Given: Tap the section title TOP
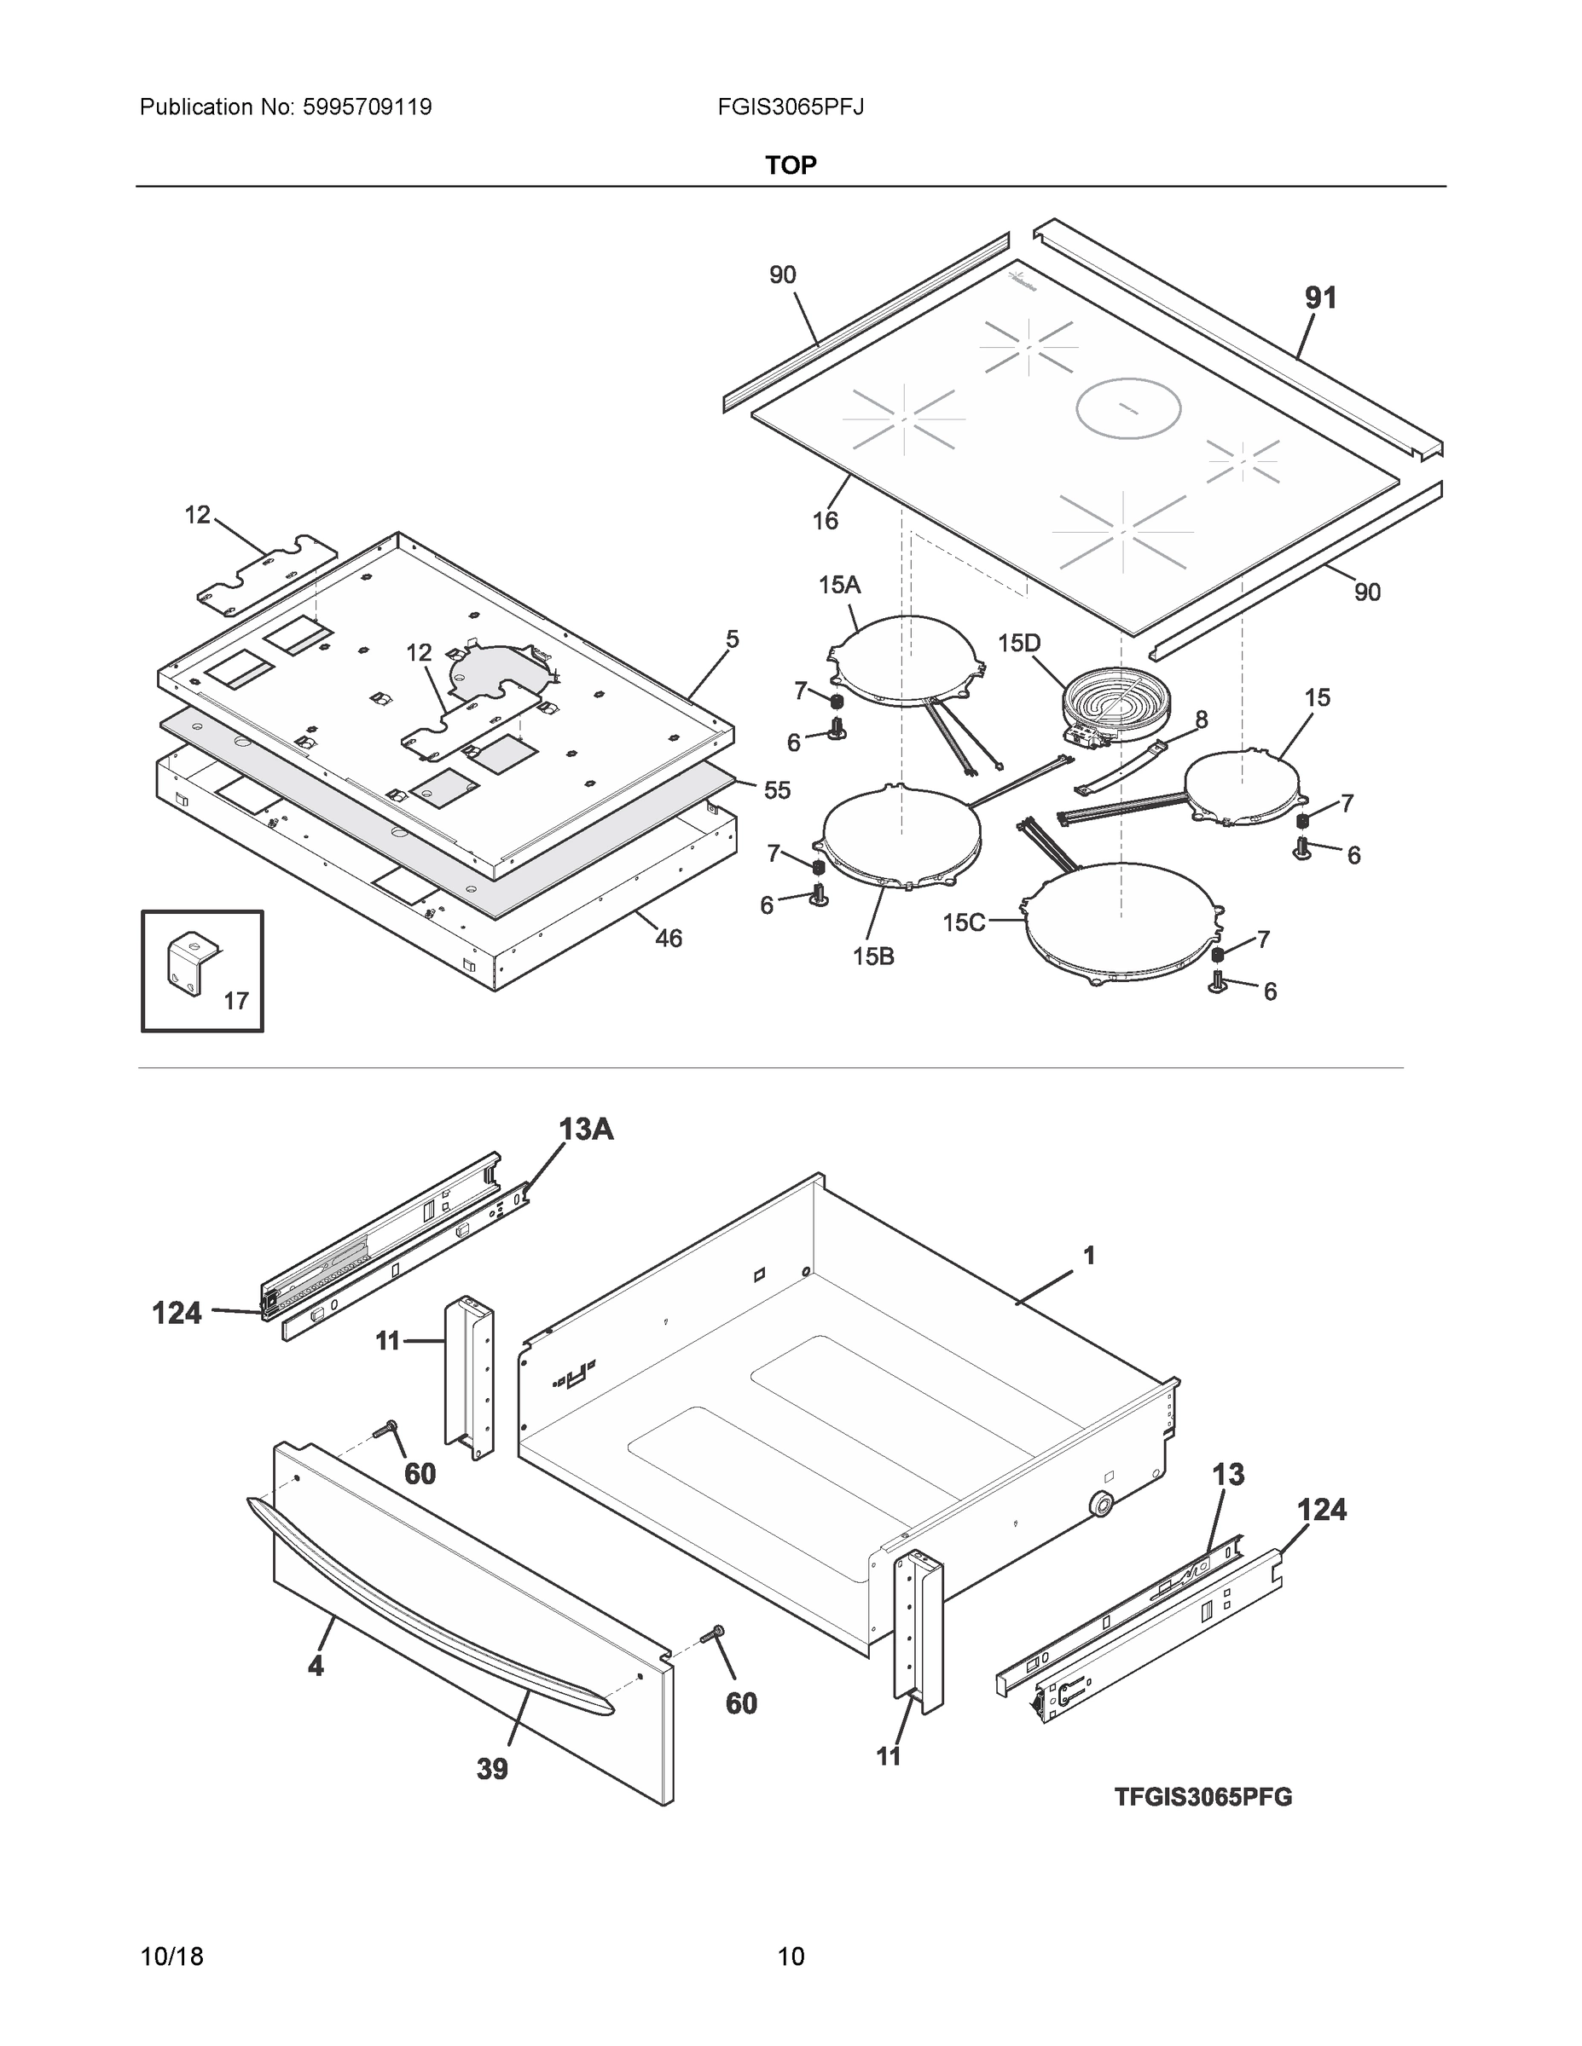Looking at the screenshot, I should pos(790,166).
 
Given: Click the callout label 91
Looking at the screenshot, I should pos(1320,298).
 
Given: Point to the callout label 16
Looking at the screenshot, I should pos(825,521).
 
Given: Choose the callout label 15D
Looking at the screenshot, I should pos(1019,644).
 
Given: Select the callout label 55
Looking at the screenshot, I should pos(777,790).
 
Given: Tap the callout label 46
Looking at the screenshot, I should pos(669,938).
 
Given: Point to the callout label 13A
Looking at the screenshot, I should pos(587,1130).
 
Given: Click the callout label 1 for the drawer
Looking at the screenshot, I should pos(1089,1257).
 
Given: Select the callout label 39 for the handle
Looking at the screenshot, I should pos(492,1770).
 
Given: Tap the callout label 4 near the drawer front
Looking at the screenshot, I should pos(316,1666).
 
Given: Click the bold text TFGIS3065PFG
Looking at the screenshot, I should pos(1202,1797).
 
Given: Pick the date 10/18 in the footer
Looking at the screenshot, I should pos(171,1957).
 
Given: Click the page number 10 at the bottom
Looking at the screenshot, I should pos(791,1957).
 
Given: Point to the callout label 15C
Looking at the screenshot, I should pos(964,922).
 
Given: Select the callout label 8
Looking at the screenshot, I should pos(1201,720).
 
